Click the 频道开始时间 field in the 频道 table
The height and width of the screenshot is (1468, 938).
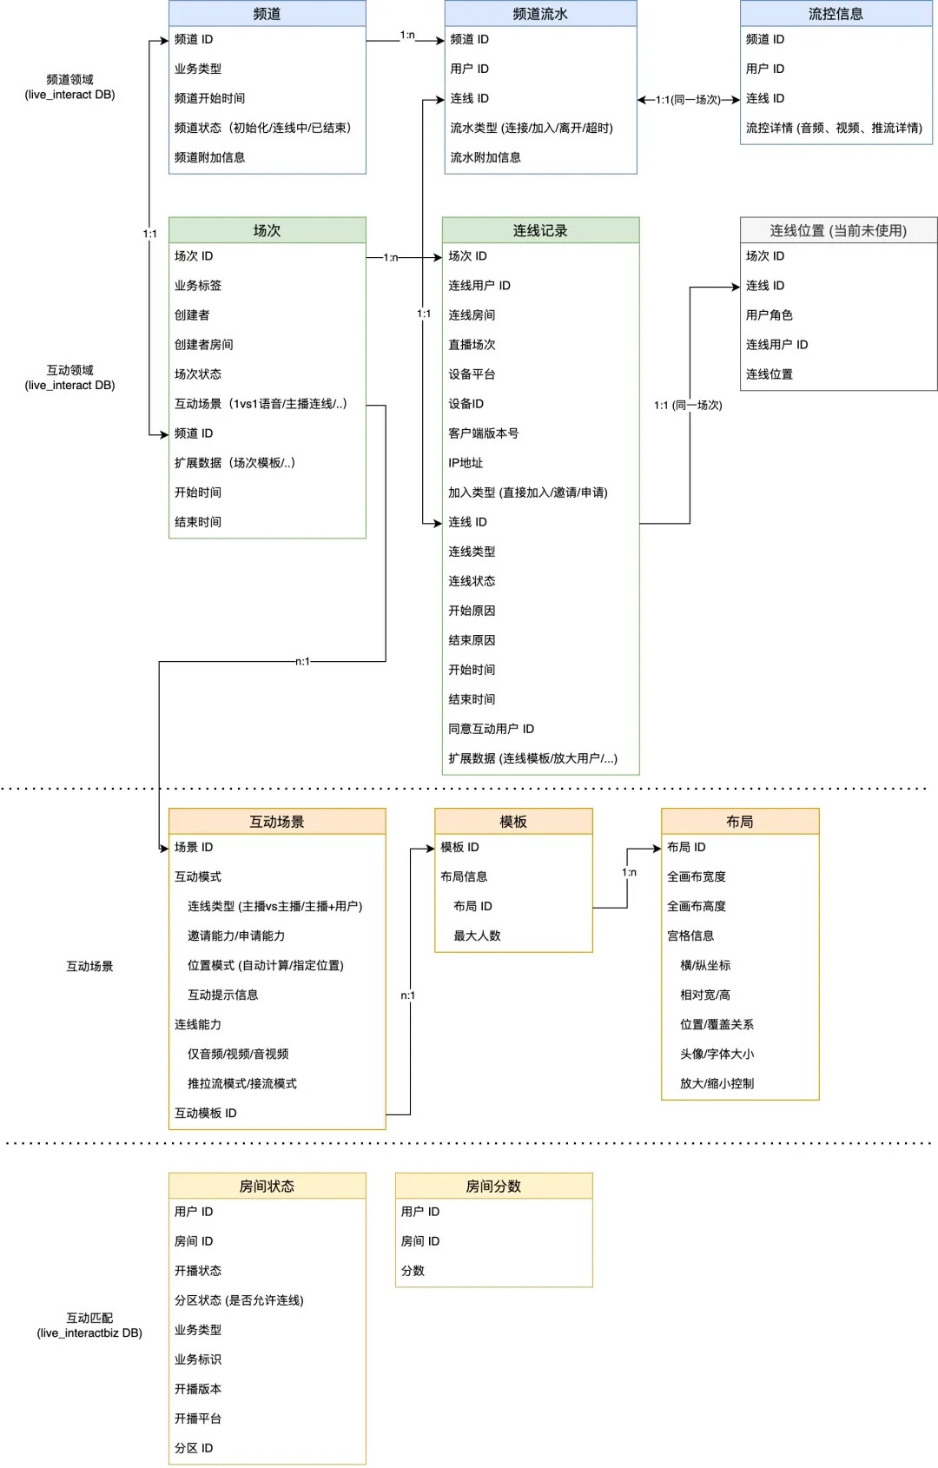[x=209, y=98]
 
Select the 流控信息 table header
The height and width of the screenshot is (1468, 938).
[x=836, y=14]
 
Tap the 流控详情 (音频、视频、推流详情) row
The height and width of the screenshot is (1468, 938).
[x=834, y=128]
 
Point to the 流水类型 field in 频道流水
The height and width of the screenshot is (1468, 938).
[x=532, y=128]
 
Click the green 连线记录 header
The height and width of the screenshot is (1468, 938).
[x=540, y=230]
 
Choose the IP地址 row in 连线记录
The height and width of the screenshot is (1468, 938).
[x=466, y=463]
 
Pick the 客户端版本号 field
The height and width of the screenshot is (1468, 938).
[x=483, y=433]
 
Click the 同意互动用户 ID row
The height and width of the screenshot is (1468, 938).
[x=491, y=729]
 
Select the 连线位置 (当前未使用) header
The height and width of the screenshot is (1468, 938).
[x=838, y=230]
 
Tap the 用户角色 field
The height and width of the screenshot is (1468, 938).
[x=769, y=315]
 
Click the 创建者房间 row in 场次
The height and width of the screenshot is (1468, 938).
[x=203, y=345]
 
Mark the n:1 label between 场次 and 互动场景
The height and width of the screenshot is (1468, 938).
[x=302, y=662]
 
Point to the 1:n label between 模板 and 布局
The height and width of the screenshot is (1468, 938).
[x=629, y=872]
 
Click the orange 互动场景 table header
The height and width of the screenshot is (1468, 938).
[x=277, y=822]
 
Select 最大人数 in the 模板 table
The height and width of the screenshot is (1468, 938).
[x=477, y=936]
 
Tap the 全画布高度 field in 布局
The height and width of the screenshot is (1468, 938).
[x=696, y=906]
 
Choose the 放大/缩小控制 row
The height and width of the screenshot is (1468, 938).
[x=717, y=1083]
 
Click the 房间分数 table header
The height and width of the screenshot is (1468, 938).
[x=493, y=1187]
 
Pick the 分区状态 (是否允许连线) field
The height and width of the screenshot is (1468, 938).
[x=239, y=1300]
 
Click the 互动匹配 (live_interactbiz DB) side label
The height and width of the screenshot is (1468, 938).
[x=89, y=1326]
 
